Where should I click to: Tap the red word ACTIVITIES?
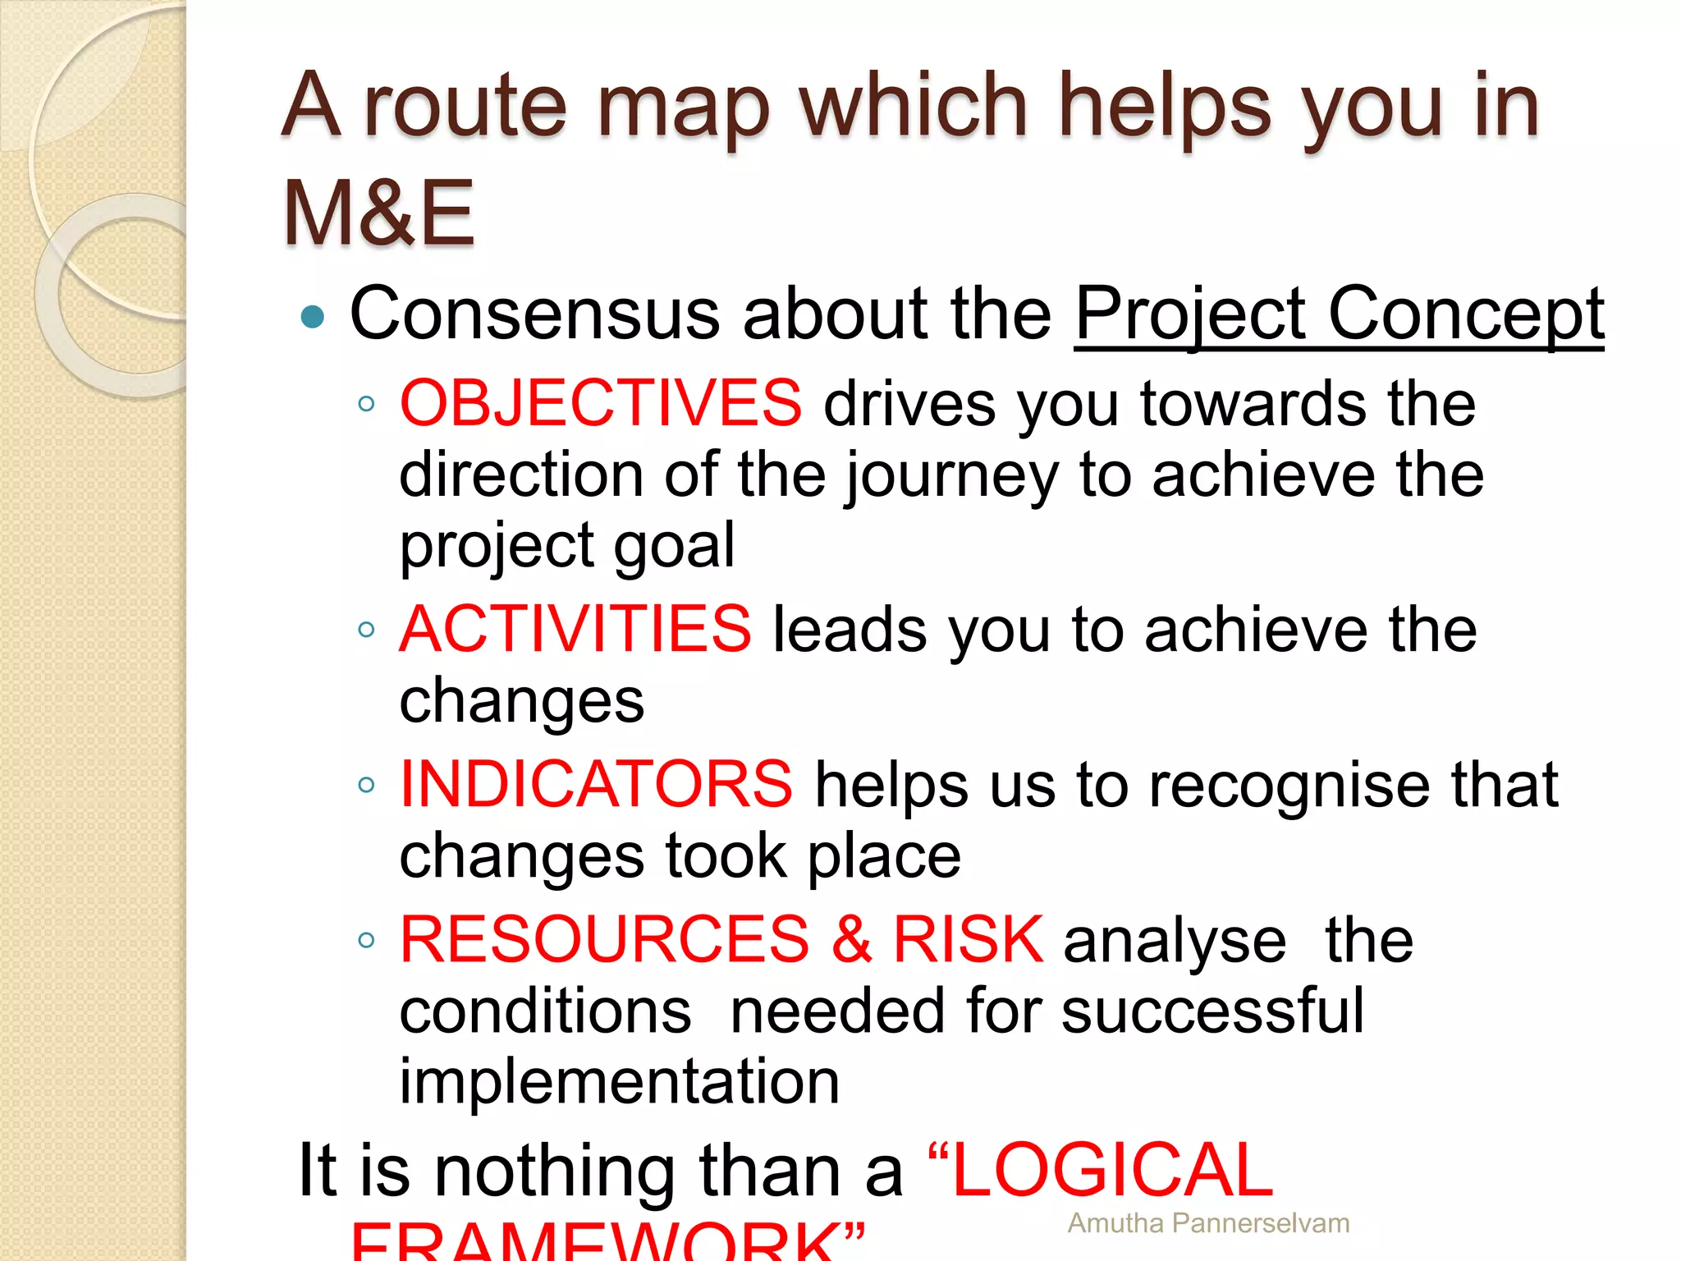[575, 629]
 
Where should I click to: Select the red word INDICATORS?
[596, 783]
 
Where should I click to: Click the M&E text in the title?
[378, 213]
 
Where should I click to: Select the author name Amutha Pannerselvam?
[1208, 1223]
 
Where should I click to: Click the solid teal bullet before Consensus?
[313, 316]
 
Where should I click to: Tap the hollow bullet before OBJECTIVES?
[366, 403]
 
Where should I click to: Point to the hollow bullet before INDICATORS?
[366, 785]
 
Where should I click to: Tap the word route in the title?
[465, 107]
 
